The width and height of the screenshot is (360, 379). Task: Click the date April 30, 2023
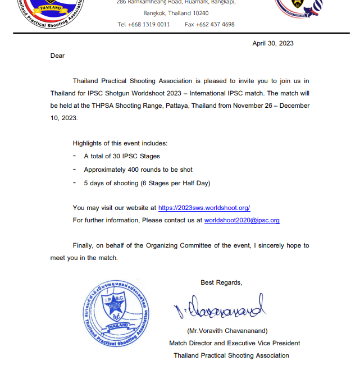[272, 43]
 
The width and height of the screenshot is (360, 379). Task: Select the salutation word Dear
[57, 56]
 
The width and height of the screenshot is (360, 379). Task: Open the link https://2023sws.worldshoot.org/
[204, 208]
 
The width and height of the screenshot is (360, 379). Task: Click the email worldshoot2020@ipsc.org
[241, 220]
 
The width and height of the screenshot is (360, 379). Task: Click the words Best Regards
[221, 282]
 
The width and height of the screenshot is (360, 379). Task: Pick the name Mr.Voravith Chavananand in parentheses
[227, 331]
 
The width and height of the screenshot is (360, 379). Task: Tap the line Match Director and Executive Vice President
[234, 343]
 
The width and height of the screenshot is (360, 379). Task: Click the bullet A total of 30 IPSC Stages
[122, 156]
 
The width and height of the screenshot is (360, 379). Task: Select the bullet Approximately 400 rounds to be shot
[138, 170]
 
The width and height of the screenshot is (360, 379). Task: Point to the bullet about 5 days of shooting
[147, 183]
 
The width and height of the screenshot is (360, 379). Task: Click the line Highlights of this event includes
[120, 143]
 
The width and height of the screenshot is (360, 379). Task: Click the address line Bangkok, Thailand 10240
[176, 13]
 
